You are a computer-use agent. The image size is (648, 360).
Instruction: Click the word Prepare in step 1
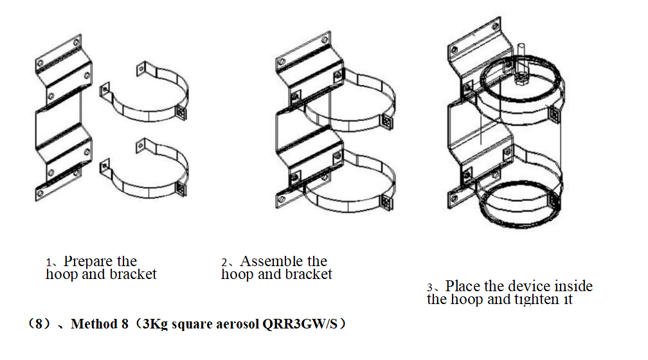[x=86, y=262]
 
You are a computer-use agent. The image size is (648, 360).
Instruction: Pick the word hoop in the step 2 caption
[x=236, y=274]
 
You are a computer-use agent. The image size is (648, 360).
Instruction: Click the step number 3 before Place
[x=430, y=287]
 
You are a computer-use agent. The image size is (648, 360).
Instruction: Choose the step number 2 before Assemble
[x=224, y=263]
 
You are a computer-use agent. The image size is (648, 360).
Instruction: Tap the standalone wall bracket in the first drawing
[x=60, y=122]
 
